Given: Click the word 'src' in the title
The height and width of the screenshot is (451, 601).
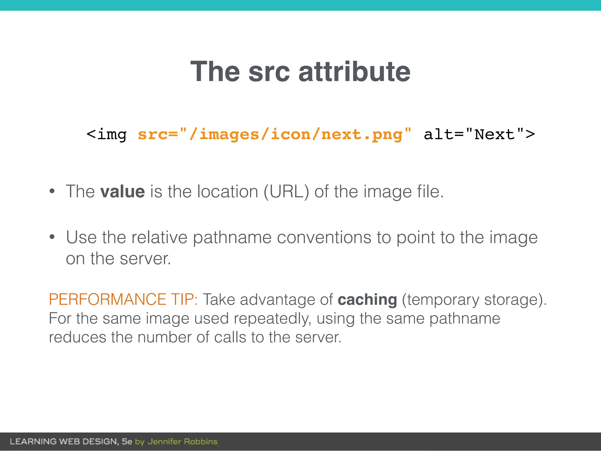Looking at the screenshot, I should [x=269, y=72].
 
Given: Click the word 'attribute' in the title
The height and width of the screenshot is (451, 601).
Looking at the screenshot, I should [x=354, y=72].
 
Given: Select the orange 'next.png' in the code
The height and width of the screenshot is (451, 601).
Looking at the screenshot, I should [x=362, y=134].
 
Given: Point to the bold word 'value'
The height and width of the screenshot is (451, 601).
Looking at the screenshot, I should [x=122, y=191].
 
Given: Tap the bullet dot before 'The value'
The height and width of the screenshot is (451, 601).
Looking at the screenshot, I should [x=52, y=191].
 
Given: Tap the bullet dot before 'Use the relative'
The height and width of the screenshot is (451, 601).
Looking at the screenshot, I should [x=52, y=237].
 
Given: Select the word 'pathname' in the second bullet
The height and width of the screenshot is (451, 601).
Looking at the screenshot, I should [x=232, y=237].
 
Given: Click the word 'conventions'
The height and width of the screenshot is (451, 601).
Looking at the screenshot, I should [x=324, y=237].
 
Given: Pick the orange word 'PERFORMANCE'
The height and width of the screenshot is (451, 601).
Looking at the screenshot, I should [x=107, y=299].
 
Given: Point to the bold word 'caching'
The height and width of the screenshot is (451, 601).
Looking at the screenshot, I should [x=367, y=299].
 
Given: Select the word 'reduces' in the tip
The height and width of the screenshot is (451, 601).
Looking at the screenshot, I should [x=77, y=337].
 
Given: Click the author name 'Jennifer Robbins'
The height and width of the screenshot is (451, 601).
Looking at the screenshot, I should [x=182, y=441].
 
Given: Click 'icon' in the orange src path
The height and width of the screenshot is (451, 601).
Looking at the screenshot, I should [x=290, y=134].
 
